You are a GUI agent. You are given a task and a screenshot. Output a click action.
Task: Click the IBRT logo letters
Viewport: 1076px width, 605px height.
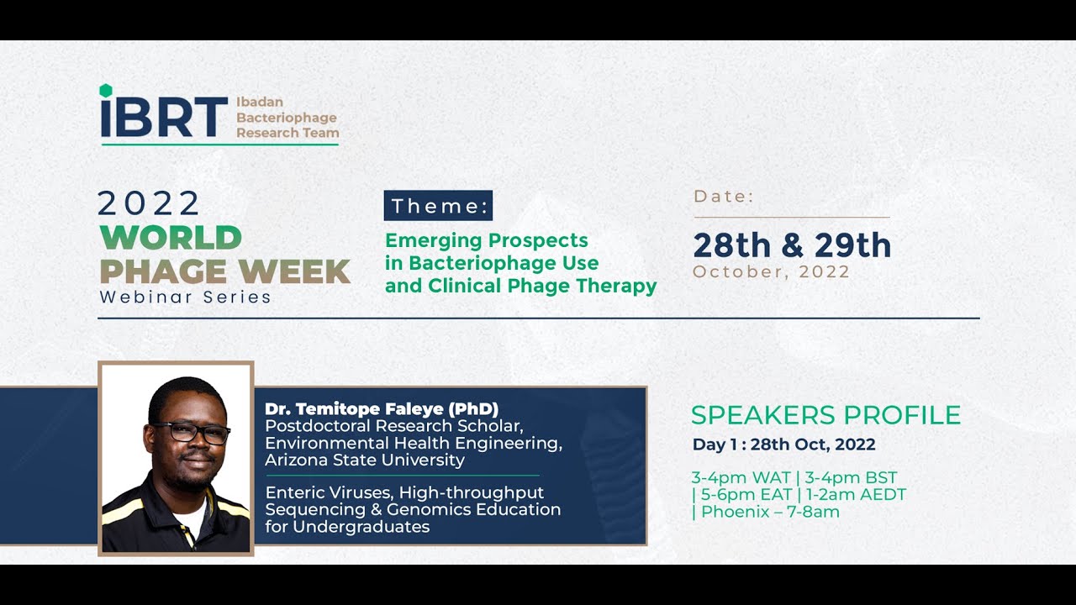click(164, 117)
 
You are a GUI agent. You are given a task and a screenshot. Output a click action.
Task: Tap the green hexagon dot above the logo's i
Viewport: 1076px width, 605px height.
click(105, 90)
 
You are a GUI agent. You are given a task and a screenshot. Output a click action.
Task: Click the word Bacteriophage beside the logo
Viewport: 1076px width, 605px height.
click(286, 118)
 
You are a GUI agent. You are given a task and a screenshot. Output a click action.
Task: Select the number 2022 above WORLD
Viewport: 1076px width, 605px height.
click(149, 203)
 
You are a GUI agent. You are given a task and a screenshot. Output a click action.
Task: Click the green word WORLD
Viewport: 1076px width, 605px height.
click(171, 238)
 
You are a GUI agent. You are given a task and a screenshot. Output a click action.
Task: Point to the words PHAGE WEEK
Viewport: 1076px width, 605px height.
click(224, 271)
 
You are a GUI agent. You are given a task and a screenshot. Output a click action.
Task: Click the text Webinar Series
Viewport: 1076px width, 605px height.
click(185, 297)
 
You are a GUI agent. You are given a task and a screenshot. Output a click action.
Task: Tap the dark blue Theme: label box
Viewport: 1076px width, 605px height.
click(438, 206)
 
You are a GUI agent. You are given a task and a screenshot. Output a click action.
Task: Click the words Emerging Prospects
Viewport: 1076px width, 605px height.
click(486, 240)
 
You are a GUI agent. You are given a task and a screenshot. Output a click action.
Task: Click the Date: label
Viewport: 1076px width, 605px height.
click(724, 197)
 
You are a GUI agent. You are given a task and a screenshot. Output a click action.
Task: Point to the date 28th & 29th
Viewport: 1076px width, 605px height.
click(791, 245)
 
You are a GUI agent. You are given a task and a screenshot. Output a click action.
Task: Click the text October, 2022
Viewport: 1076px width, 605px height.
click(771, 272)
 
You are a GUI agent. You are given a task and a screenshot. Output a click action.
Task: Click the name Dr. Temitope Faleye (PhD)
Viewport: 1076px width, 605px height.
click(382, 409)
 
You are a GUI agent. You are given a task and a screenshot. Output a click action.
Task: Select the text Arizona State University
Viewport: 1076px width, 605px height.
click(364, 460)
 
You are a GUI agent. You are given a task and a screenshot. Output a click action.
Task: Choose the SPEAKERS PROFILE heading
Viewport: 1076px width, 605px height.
click(825, 415)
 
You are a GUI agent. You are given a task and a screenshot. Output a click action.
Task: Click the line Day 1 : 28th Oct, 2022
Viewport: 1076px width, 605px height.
click(783, 445)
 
